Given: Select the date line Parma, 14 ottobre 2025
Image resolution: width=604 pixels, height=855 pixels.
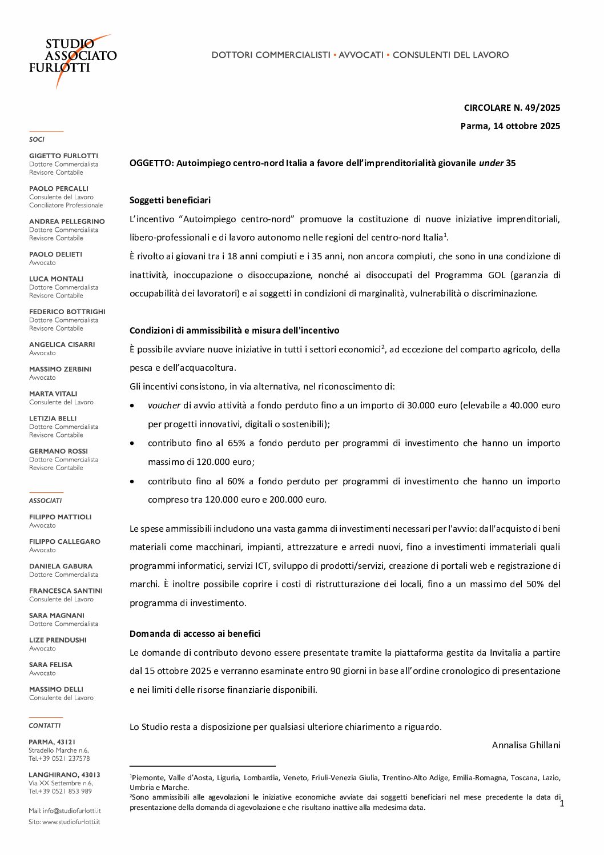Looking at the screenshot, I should pos(510,126).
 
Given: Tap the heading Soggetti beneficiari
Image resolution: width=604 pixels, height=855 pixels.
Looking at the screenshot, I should pos(170,200).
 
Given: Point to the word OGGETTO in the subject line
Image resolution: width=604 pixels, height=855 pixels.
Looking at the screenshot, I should pos(151,163).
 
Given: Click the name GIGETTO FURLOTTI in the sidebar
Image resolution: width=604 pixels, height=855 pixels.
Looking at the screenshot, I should pos(63,155).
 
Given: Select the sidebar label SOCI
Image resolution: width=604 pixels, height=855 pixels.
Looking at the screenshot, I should pos(37,139).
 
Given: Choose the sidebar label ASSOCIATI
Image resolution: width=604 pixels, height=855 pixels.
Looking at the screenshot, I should pos(45,500).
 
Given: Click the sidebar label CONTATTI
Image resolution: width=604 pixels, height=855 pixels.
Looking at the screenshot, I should pos(45,725).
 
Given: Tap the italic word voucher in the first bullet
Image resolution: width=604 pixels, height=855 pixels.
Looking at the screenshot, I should pos(164,405).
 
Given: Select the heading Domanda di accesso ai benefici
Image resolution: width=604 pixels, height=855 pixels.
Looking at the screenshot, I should pos(195,633).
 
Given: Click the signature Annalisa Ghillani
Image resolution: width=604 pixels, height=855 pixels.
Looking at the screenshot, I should pos(526,745).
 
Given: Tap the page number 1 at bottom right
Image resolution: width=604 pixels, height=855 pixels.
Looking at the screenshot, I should pos(562,804).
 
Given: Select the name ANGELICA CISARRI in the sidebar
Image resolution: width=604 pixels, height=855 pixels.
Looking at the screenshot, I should pos(62,344).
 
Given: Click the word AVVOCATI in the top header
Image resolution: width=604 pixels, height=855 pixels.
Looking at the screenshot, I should pos(361,55).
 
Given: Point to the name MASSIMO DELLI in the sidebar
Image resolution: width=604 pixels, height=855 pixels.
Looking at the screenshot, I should pos(56,689).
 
